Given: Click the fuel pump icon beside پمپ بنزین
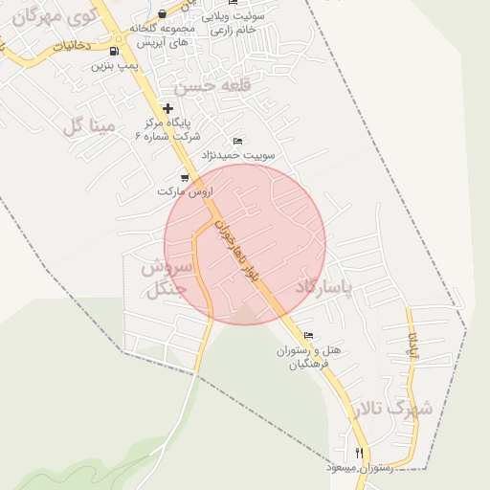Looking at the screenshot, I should [115, 52].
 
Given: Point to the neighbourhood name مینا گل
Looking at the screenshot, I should [87, 125].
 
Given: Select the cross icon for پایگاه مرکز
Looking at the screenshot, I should [168, 109].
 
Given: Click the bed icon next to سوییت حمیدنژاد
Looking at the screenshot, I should [237, 141].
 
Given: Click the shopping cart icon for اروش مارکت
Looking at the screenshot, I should [185, 178].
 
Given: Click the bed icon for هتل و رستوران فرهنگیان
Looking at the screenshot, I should [308, 336].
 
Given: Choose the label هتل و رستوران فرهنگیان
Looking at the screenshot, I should [326, 357].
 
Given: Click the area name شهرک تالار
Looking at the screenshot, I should [391, 409].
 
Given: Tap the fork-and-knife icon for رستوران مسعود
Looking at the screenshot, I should [360, 453].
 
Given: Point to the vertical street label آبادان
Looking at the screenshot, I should [412, 346].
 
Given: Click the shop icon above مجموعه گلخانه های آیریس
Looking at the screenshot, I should [162, 13].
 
